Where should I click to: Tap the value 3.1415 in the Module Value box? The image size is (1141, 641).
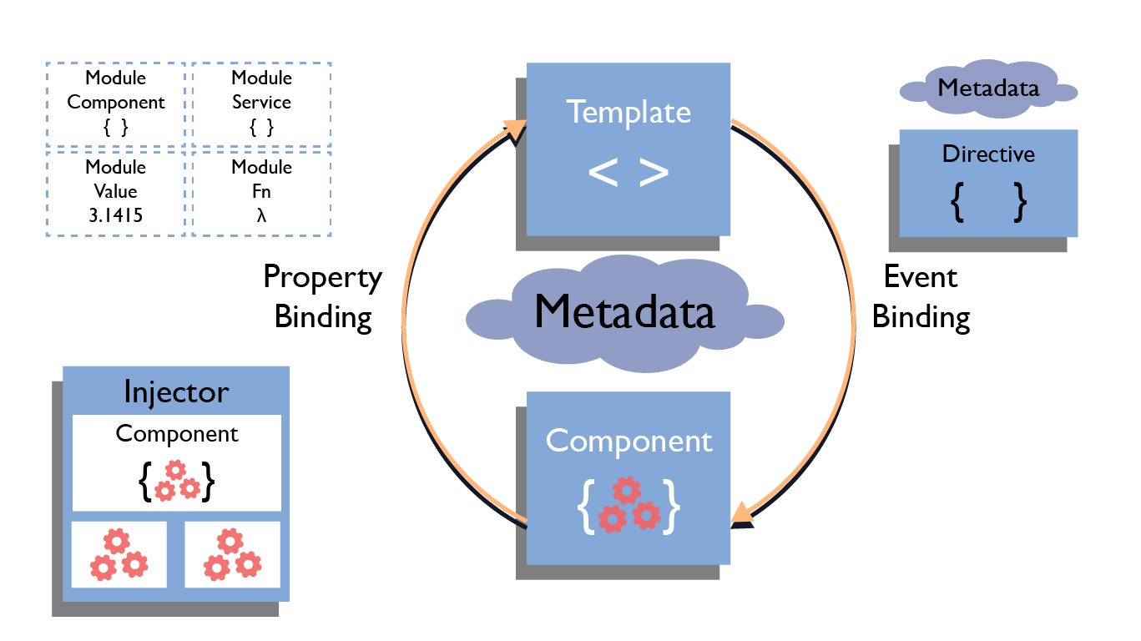[x=115, y=215]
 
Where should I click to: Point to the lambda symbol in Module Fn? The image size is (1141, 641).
[x=261, y=215]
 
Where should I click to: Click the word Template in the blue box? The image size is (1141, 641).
[x=629, y=112]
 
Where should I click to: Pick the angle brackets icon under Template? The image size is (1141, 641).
[x=629, y=172]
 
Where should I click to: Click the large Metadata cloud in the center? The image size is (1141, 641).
[x=624, y=313]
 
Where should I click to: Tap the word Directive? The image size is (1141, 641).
[x=988, y=154]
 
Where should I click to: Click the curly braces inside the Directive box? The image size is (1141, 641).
[x=988, y=203]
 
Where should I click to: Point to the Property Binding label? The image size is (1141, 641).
[x=323, y=297]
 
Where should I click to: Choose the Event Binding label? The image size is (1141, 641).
[x=921, y=297]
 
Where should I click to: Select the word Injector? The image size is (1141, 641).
[x=176, y=391]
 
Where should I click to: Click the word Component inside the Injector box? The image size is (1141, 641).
[x=176, y=434]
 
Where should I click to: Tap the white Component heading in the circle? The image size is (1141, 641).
[x=629, y=441]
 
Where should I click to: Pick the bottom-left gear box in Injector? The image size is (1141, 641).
[x=119, y=555]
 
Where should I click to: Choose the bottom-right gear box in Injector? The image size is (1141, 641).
[x=232, y=555]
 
